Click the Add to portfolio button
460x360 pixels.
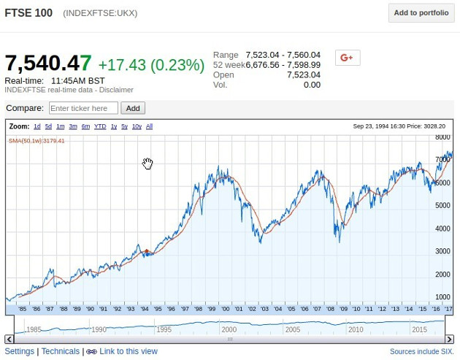tap(421, 12)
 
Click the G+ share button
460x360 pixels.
tap(347, 58)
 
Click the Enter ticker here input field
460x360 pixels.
tap(83, 108)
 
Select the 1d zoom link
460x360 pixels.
tap(37, 126)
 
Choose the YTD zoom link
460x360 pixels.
tap(100, 126)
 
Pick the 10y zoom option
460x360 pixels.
tap(137, 126)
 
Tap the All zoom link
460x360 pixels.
tap(149, 126)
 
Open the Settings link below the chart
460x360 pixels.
tap(20, 351)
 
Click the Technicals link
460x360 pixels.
tap(61, 351)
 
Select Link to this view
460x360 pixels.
tap(128, 351)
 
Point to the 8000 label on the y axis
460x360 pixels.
tap(442, 137)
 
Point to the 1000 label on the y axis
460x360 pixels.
tap(442, 297)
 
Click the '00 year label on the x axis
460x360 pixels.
tap(226, 309)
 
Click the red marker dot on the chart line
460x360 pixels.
tap(147, 251)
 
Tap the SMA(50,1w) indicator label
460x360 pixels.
tap(37, 141)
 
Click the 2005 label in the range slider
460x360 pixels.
tap(293, 329)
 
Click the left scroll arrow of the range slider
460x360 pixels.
tap(9, 339)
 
